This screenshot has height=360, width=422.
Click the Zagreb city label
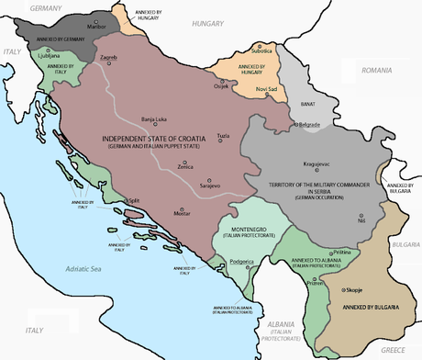(x=109, y=58)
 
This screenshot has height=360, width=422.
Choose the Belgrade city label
(x=307, y=123)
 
